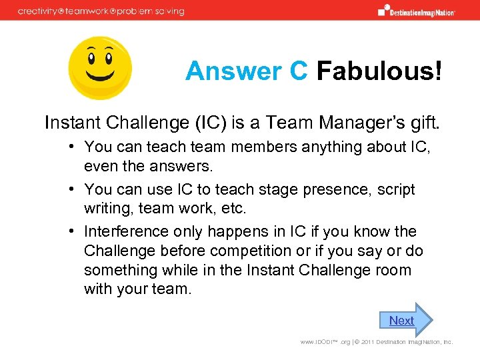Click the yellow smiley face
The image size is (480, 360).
pyautogui.click(x=101, y=67)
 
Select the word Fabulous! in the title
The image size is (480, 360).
pyautogui.click(x=379, y=71)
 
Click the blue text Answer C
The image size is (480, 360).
pyautogui.click(x=246, y=71)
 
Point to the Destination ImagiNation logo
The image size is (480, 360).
pyautogui.click(x=417, y=11)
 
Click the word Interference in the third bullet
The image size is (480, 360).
pyautogui.click(x=126, y=231)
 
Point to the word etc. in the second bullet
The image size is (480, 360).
pyautogui.click(x=233, y=209)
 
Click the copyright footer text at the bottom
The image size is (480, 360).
pyautogui.click(x=377, y=342)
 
